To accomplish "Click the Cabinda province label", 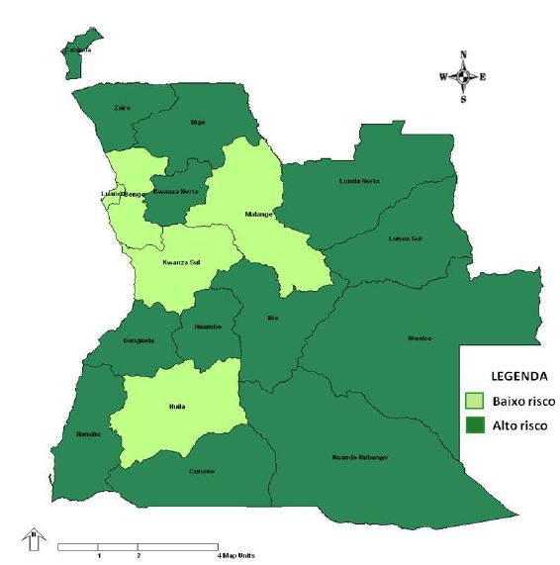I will click(x=78, y=48).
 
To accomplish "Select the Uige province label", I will click(x=197, y=122).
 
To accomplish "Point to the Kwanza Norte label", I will click(x=190, y=191).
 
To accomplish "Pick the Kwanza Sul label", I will click(x=181, y=264).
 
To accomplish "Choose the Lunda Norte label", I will click(x=359, y=180).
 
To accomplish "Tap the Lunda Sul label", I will click(x=406, y=238).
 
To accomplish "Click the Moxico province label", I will click(x=420, y=338).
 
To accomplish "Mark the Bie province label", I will click(x=274, y=318).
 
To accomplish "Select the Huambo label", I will click(x=208, y=326).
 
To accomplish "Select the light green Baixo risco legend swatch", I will click(x=475, y=401).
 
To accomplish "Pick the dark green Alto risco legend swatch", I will click(x=475, y=425).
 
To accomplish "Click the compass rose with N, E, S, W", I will click(x=462, y=76).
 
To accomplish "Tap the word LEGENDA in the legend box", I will click(x=506, y=376).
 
